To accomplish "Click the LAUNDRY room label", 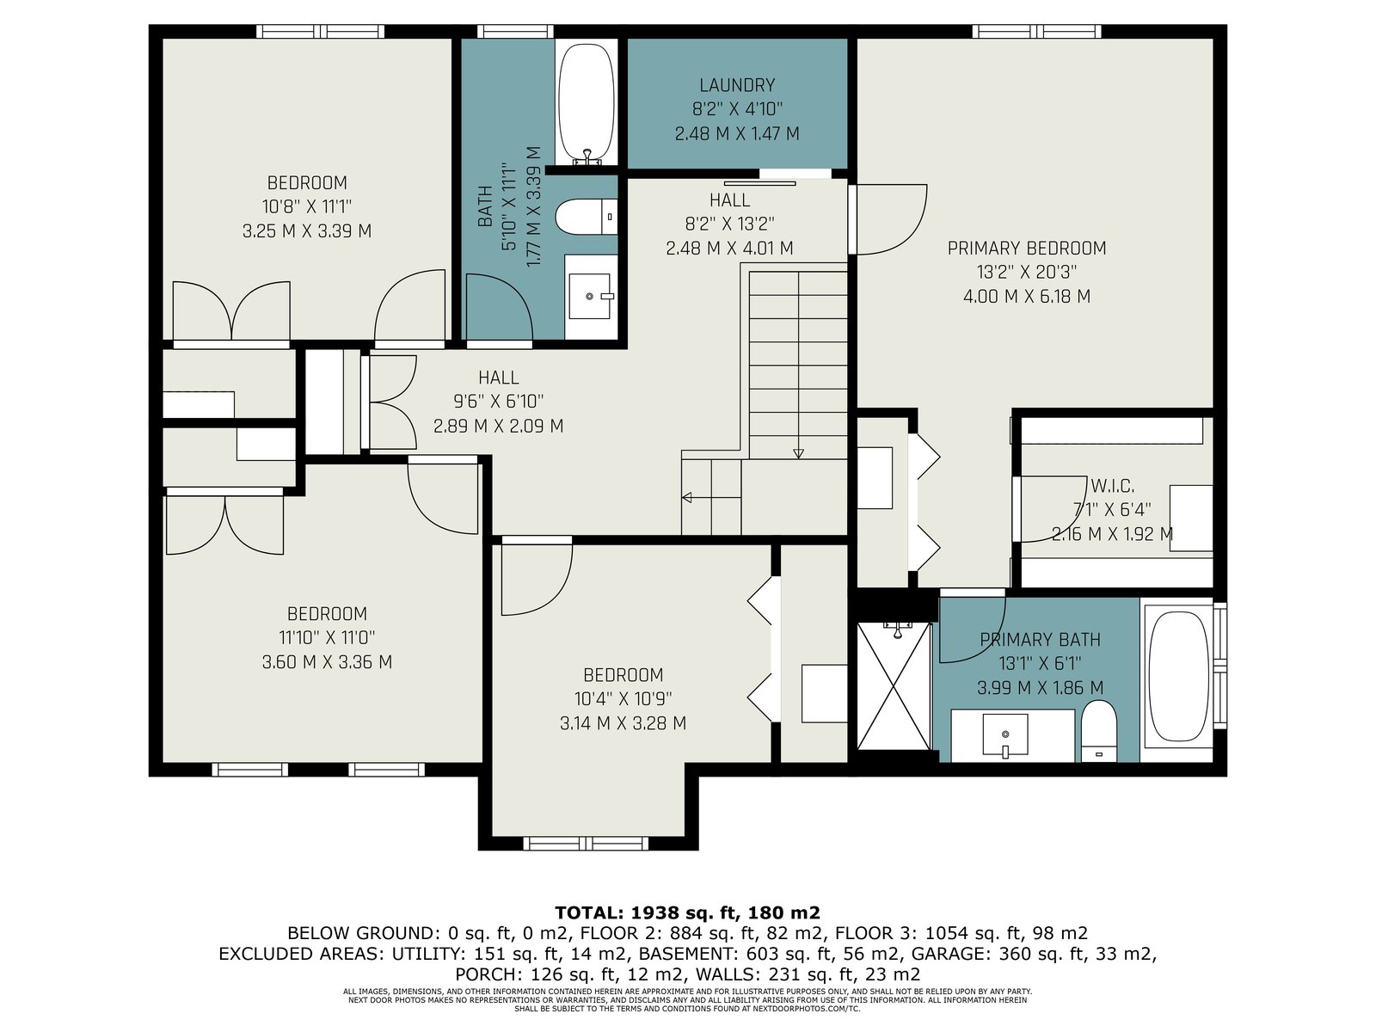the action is point(736,84).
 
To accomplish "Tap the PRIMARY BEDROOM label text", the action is point(1026,249).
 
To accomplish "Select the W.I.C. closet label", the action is point(1112,486).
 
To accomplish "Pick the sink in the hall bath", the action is point(590,296).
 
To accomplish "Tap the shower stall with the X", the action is point(894,685).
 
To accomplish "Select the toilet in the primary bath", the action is point(1099,731).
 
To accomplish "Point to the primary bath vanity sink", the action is point(1004,735).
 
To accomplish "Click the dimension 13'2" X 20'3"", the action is point(1026,272).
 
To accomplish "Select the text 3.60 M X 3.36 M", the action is point(327,661).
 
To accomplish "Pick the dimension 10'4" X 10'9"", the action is point(623,698).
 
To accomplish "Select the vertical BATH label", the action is point(485,206).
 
